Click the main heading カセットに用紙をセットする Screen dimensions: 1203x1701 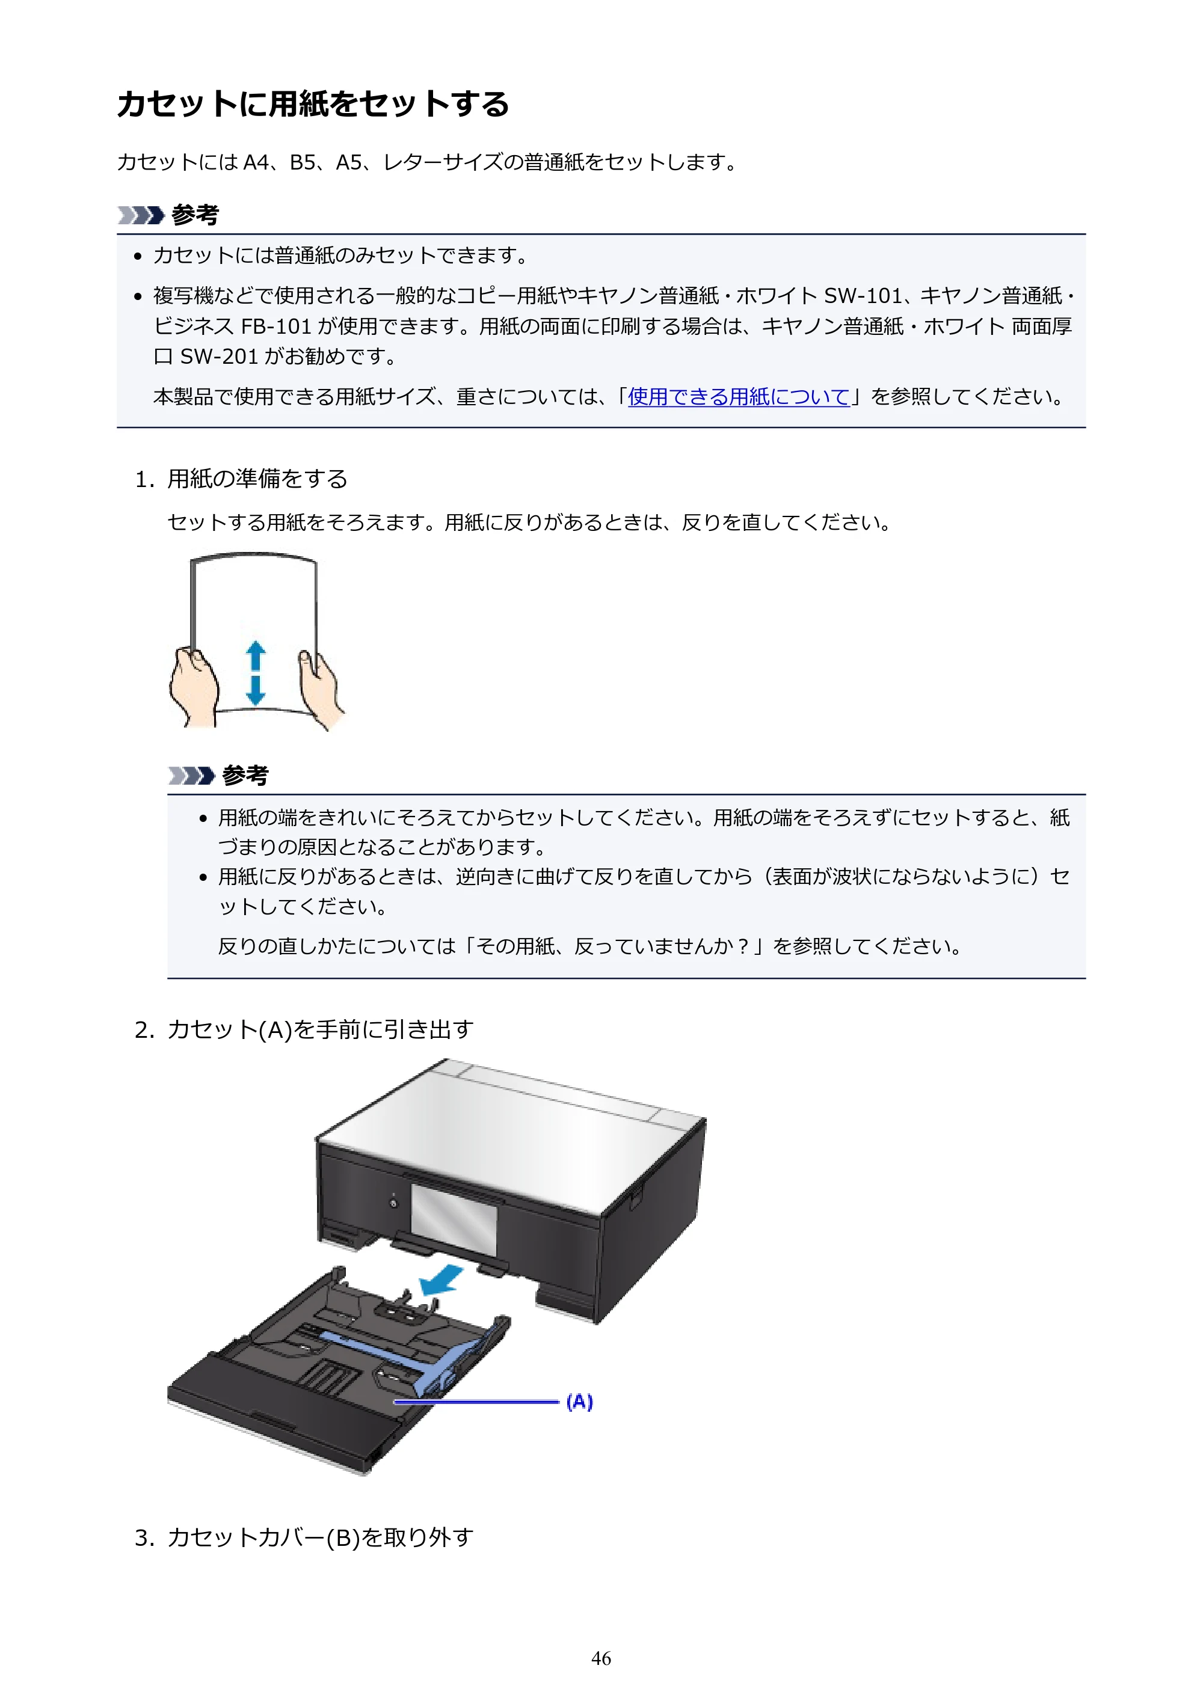coord(313,103)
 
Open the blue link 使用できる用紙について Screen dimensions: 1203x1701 coord(738,397)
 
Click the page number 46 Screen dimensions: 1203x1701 coord(601,1658)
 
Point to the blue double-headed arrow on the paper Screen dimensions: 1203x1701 coord(256,673)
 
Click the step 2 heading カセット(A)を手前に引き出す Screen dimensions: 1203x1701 coord(320,1029)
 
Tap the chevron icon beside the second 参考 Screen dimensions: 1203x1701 coord(191,776)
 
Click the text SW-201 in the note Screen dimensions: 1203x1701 coord(219,357)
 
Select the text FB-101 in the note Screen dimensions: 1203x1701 coord(275,326)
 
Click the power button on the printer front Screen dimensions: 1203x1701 coord(393,1203)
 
